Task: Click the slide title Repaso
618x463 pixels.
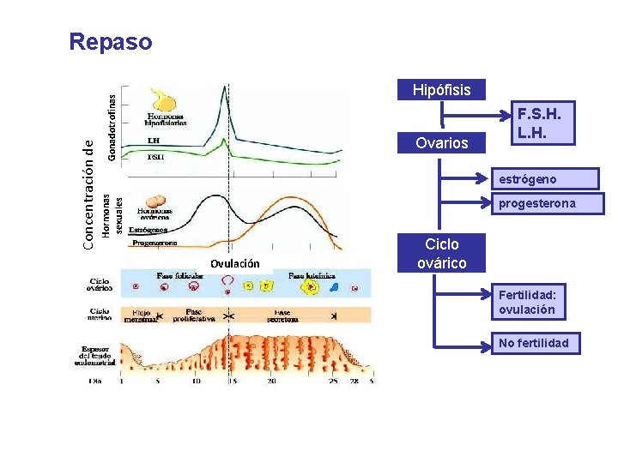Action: tap(111, 41)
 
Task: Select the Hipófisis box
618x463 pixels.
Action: tap(441, 89)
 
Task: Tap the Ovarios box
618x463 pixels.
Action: tap(441, 142)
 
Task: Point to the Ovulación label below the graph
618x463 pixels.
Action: tap(234, 263)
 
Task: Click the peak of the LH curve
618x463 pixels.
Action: tap(225, 89)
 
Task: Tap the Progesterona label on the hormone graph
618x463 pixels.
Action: tap(154, 244)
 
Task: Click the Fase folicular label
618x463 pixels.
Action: tap(181, 275)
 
